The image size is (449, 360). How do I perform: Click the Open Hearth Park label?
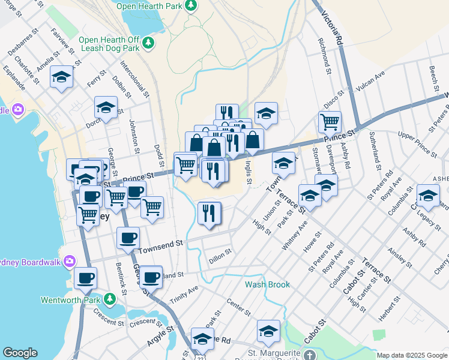click(148, 6)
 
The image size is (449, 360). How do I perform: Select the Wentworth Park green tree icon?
click(109, 299)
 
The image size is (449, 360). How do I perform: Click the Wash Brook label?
click(267, 284)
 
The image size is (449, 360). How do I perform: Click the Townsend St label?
click(160, 245)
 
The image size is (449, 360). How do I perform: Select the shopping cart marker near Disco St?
click(330, 122)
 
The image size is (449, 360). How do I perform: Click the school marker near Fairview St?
click(61, 77)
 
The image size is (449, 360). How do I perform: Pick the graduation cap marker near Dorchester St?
click(106, 108)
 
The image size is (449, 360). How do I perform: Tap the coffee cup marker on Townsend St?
click(127, 238)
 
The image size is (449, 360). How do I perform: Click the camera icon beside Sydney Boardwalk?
click(70, 261)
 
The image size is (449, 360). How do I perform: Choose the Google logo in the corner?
click(20, 353)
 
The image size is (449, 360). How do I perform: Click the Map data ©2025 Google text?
click(412, 355)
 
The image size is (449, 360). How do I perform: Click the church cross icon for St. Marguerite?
click(308, 355)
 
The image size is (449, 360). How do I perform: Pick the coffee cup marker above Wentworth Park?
click(85, 278)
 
